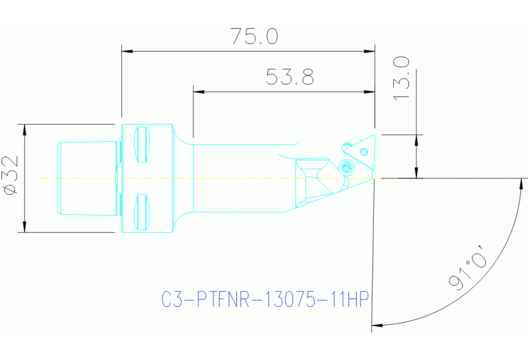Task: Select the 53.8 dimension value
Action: click(x=290, y=77)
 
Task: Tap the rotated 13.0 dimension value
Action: click(x=403, y=78)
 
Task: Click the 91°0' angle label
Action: click(x=468, y=271)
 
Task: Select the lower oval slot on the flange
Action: click(x=141, y=213)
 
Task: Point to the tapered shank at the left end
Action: click(x=86, y=178)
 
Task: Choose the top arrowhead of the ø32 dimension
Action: click(x=25, y=129)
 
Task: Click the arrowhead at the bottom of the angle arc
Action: click(x=376, y=324)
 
